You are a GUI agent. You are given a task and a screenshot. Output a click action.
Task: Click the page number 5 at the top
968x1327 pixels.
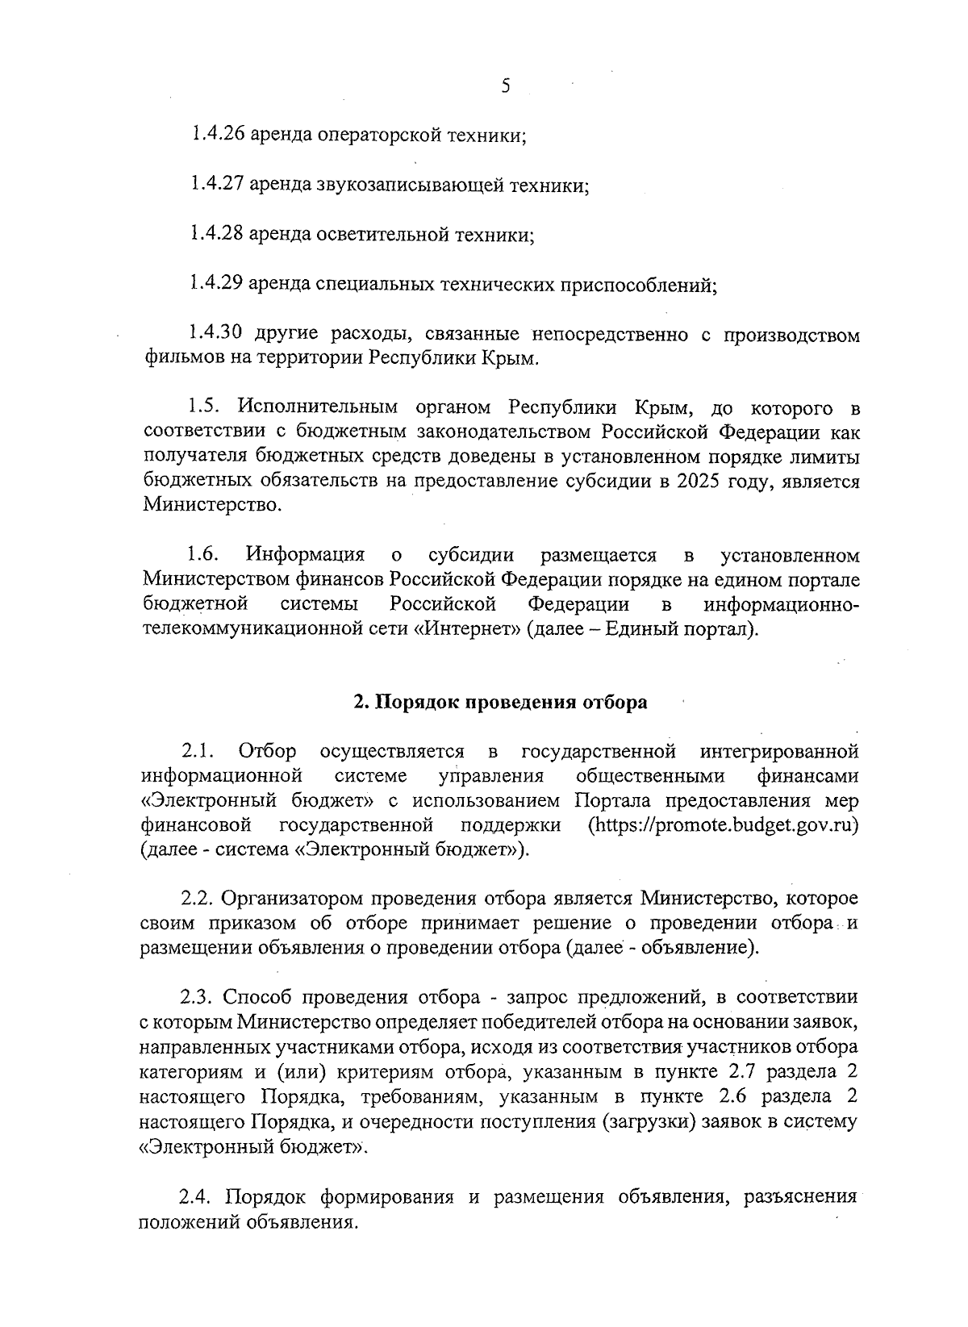(x=506, y=86)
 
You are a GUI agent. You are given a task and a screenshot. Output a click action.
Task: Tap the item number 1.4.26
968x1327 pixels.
(x=218, y=135)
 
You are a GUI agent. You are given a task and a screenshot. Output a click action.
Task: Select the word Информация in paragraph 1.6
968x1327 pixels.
(x=306, y=555)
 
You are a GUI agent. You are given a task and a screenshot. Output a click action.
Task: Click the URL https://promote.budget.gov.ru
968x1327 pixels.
(x=723, y=825)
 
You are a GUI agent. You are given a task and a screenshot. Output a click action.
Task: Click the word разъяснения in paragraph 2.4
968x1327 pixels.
(x=795, y=1196)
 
